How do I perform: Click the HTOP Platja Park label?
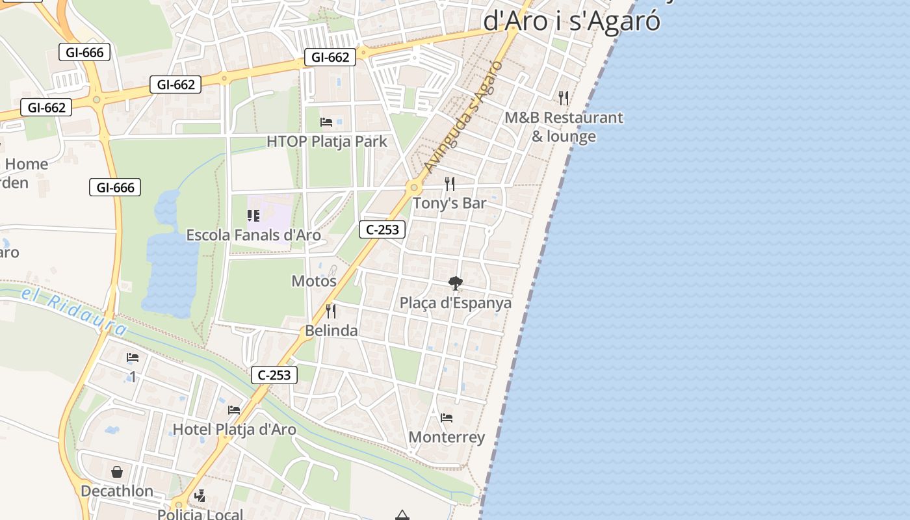tap(326, 141)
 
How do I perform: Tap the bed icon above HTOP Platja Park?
tap(326, 122)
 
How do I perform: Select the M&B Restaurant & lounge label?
tap(564, 127)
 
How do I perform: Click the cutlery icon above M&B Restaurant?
tap(564, 98)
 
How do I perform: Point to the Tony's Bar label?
tap(450, 203)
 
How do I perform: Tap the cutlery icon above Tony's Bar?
tap(449, 184)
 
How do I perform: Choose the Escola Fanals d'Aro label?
tap(253, 235)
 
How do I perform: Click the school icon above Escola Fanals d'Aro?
tap(253, 216)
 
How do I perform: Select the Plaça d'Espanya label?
tap(456, 303)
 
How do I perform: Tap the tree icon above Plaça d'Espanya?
tap(456, 283)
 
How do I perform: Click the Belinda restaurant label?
tap(331, 330)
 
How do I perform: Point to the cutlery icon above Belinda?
tap(331, 311)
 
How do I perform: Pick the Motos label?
tap(314, 281)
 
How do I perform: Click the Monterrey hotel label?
tap(447, 437)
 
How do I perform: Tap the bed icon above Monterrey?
tap(447, 418)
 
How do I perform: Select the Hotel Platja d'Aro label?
tap(234, 429)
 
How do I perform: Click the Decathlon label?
tap(117, 491)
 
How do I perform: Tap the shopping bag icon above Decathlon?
tap(117, 472)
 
